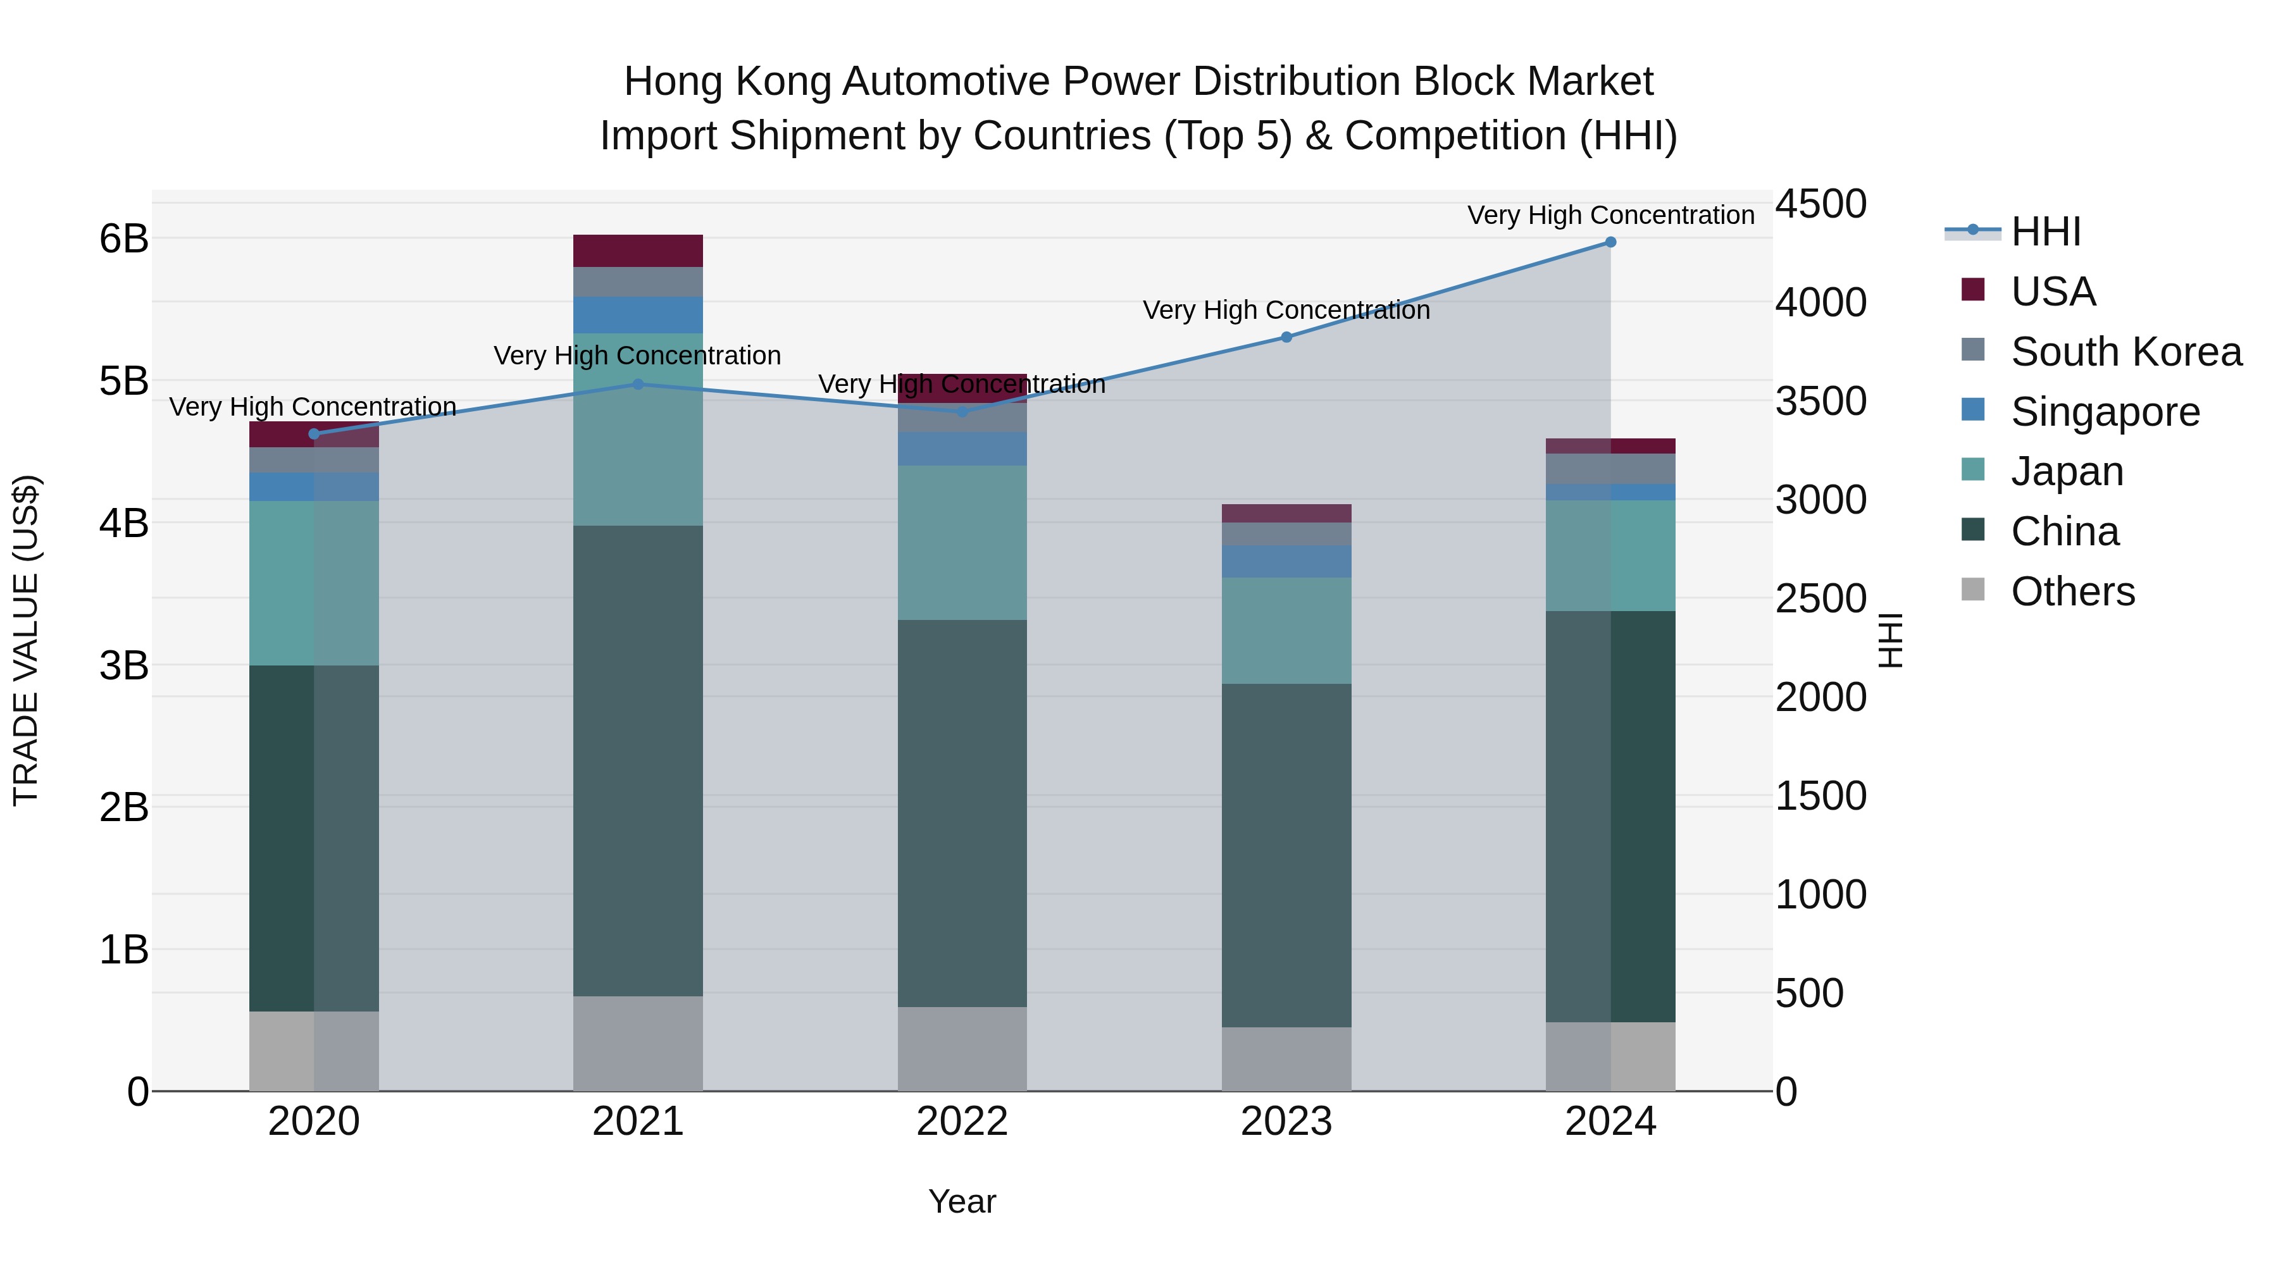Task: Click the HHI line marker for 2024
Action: [1610, 242]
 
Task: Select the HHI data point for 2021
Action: [638, 384]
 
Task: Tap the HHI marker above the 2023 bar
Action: [1286, 337]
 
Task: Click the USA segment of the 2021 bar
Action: [638, 251]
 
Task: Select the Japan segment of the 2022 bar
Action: [962, 542]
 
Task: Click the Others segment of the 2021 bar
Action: [638, 1043]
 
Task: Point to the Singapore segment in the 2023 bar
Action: [1286, 561]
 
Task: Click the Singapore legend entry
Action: [2105, 412]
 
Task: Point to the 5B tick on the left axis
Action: [124, 381]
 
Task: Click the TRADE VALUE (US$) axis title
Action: [27, 640]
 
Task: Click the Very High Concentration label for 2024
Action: [1610, 215]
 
